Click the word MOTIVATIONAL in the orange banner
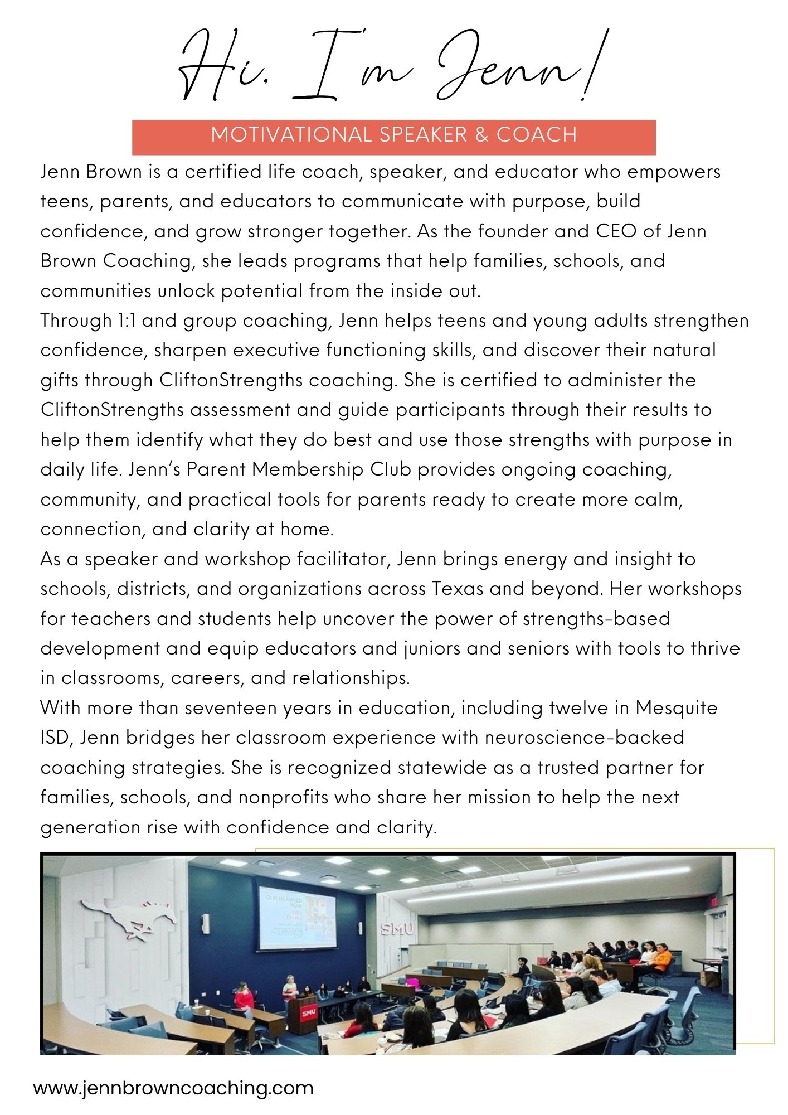[291, 135]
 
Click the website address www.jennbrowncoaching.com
[173, 1088]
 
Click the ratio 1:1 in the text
[124, 321]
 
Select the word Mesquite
[677, 708]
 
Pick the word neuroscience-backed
[584, 738]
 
